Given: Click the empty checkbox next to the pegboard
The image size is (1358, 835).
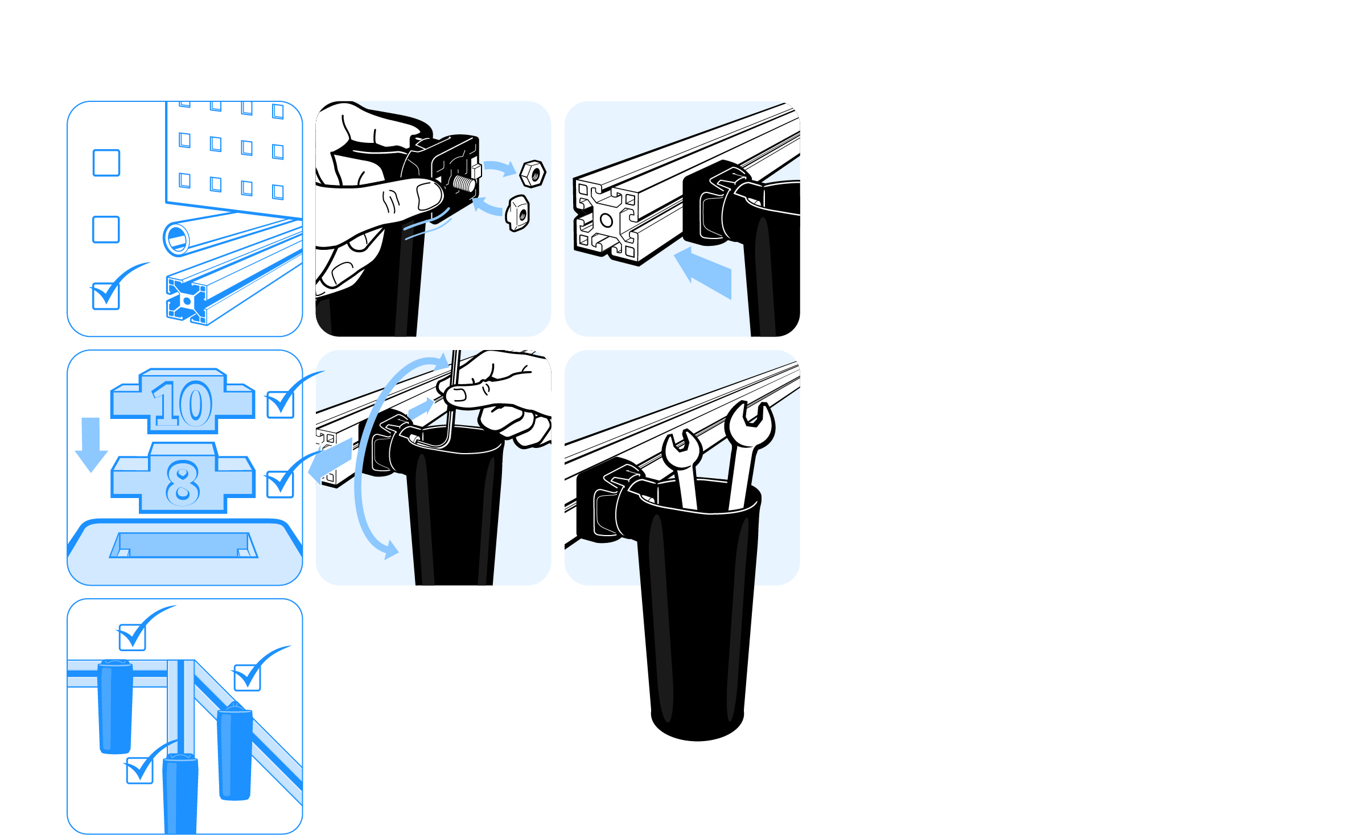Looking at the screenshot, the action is click(106, 163).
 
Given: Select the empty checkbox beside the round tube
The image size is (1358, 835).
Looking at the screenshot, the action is click(106, 229).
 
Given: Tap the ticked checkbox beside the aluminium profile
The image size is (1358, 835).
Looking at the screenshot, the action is click(106, 296).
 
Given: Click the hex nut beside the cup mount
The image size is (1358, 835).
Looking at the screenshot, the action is click(533, 174).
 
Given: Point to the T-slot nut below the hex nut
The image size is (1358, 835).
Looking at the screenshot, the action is click(517, 213).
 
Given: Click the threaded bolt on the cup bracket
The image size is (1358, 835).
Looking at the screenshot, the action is click(463, 184).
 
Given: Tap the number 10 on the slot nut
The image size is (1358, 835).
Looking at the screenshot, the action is click(183, 404).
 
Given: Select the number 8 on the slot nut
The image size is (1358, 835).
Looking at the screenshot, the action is click(183, 483).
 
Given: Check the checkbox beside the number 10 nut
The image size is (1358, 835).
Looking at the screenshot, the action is click(281, 405).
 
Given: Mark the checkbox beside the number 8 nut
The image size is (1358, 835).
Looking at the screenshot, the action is click(281, 484).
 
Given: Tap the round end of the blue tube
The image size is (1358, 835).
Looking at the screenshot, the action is click(176, 239).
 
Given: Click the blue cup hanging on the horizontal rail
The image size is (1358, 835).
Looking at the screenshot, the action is click(116, 706).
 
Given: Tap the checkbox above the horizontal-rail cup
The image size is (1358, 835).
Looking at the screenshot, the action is click(133, 637).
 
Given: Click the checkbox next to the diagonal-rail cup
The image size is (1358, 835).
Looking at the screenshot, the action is click(248, 677).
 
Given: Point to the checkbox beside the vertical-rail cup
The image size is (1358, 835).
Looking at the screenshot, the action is click(140, 771).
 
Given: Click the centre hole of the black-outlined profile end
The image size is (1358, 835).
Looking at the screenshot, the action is click(606, 220).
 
